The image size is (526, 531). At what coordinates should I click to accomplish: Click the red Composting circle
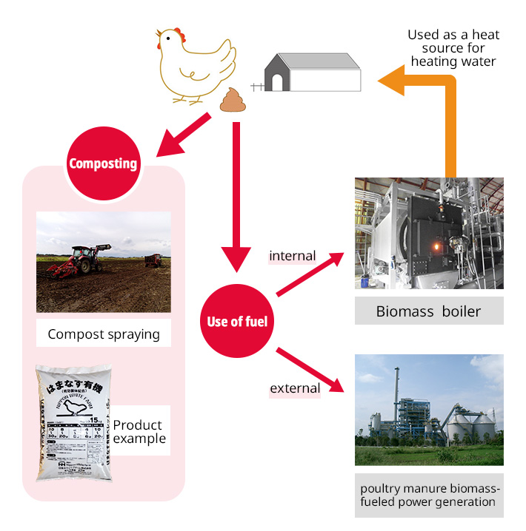click(103, 163)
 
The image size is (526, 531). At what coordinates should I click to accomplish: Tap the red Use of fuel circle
click(237, 321)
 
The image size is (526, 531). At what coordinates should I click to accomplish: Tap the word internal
click(292, 256)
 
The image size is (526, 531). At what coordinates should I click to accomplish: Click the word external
click(295, 388)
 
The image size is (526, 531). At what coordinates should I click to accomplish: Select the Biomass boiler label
click(428, 311)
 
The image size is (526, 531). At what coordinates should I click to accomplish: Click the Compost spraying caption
click(104, 334)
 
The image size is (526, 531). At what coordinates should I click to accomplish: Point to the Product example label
click(138, 432)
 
